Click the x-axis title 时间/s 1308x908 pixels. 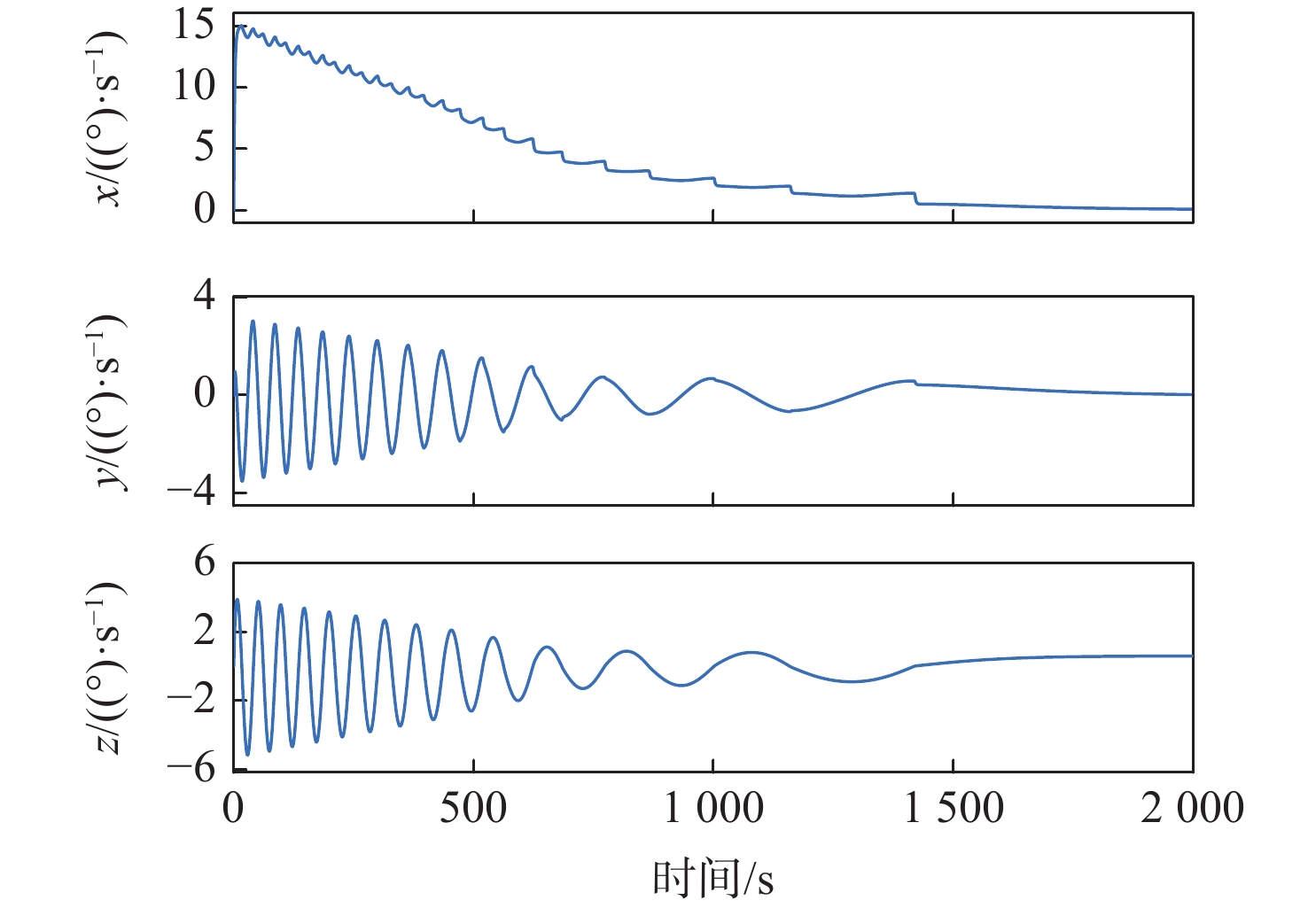click(713, 879)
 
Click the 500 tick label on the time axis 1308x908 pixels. click(473, 808)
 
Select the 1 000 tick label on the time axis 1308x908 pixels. click(713, 808)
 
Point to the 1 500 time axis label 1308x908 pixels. click(954, 808)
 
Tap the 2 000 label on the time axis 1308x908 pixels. click(1192, 808)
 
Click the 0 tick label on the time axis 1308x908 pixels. click(233, 808)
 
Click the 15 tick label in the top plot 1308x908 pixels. click(194, 25)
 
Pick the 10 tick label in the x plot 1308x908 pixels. click(194, 86)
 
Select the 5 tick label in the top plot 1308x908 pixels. click(205, 147)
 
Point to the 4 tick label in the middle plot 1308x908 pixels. click(205, 294)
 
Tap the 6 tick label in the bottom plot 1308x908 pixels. click(205, 562)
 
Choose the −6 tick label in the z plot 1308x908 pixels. click(192, 767)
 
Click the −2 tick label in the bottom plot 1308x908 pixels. click(192, 699)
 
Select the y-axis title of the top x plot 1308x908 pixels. click(108, 117)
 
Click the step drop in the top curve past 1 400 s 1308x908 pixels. click(916, 198)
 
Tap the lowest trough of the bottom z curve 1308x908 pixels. click(247, 755)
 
